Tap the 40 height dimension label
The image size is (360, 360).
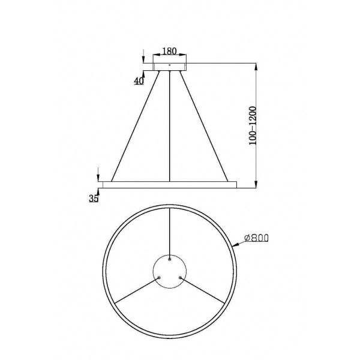coord(139,81)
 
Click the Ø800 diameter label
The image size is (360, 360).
coord(256,238)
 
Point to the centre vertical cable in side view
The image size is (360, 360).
coord(171,126)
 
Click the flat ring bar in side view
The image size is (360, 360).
coord(170,183)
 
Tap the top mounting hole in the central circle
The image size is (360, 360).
coord(170,260)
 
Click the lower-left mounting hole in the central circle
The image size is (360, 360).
coord(160,277)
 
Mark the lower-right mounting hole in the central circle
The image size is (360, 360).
coord(181,277)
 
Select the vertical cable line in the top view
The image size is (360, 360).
coord(170,234)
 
